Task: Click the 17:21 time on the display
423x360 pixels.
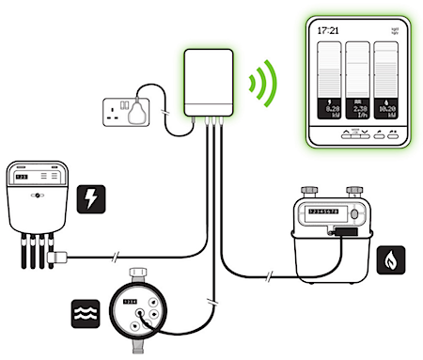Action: click(328, 30)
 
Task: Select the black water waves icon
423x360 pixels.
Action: click(83, 310)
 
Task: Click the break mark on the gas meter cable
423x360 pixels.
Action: click(271, 275)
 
